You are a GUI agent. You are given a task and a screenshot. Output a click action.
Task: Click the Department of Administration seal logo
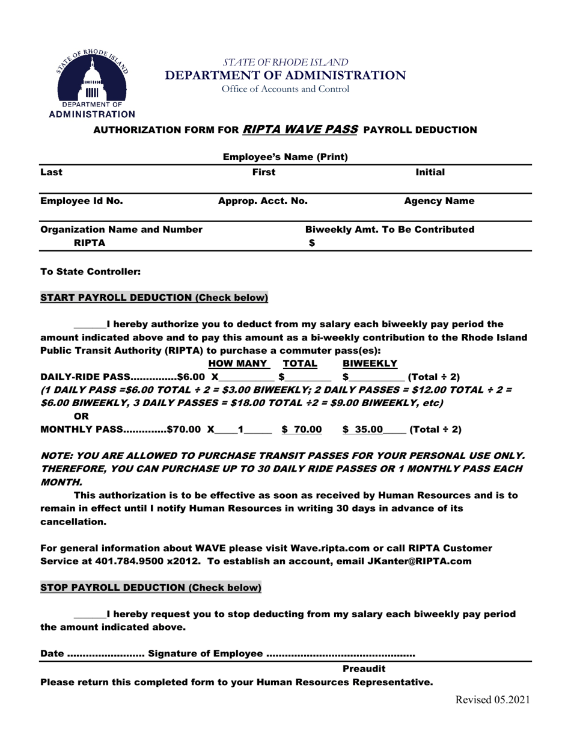coord(91,81)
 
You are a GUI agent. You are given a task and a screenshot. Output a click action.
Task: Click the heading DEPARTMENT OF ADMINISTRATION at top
coord(285,75)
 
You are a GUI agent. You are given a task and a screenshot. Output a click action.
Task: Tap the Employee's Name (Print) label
coord(285,158)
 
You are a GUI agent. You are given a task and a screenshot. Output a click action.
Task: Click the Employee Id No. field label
coord(81,201)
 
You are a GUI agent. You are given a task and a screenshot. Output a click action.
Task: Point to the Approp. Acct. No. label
coord(263,201)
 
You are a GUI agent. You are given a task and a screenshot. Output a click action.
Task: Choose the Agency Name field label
coord(439,201)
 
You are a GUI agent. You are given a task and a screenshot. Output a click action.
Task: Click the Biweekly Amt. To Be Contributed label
coord(390,230)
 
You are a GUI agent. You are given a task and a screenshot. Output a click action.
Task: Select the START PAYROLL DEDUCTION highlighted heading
coord(154,298)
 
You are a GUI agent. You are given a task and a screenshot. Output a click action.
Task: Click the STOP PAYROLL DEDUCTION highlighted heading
coord(150,587)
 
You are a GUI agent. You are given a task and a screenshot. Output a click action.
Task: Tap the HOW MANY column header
coord(237,363)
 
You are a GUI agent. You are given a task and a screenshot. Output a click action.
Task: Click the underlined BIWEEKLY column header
coord(370,363)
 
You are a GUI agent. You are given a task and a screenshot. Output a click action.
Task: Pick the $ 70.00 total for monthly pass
coord(302,430)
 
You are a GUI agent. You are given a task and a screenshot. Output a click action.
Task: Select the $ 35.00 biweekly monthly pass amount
coord(363,430)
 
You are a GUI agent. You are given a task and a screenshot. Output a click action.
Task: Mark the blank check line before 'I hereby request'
coord(90,615)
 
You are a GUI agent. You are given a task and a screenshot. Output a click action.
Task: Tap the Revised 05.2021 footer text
coord(492,699)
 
